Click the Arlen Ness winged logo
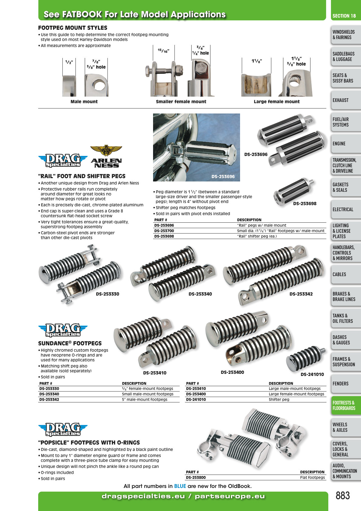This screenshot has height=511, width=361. tap(106, 156)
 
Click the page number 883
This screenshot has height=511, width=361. tap(343, 496)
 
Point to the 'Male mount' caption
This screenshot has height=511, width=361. tap(84, 102)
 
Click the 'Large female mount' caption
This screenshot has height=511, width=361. tap(277, 102)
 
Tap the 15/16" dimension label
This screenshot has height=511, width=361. tap(163, 51)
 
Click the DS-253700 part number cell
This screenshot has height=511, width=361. tap(164, 231)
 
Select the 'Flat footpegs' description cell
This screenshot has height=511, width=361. tap(313, 477)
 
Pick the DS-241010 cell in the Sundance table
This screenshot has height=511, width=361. tap(196, 399)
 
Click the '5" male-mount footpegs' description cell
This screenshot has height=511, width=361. tap(145, 399)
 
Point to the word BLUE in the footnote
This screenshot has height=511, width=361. tap(180, 486)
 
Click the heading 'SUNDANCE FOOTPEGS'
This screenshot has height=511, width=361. tap(70, 343)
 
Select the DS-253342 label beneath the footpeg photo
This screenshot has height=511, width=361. tap(301, 294)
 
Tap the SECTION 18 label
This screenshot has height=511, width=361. tap(344, 16)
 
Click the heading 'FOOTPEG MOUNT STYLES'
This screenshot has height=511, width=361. tap(73, 28)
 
